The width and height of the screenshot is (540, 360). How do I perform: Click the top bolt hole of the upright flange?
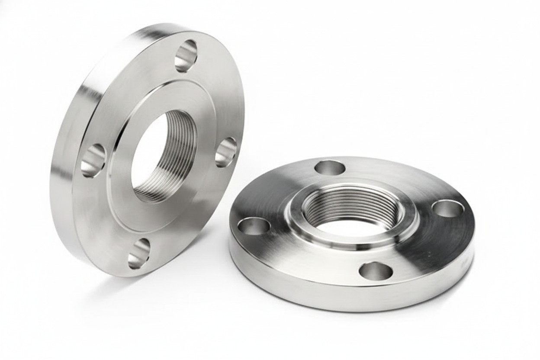(186, 56)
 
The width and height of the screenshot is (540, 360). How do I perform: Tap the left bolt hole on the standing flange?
(93, 160)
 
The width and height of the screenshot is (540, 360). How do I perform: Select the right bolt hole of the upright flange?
(226, 152)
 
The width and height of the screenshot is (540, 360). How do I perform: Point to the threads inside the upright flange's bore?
(180, 156)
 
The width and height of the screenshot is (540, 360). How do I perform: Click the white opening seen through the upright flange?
(145, 151)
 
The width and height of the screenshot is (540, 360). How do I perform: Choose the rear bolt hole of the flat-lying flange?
(330, 167)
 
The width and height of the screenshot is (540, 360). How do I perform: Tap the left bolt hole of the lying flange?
(254, 226)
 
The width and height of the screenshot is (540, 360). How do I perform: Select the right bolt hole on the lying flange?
(448, 209)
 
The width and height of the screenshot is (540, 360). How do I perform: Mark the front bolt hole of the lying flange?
(376, 271)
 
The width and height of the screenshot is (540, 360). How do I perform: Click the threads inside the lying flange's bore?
(350, 203)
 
